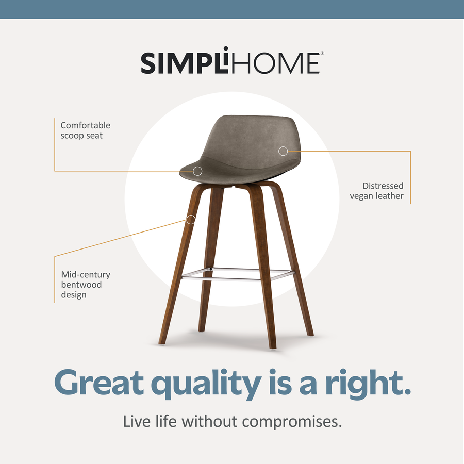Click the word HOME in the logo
click(275, 63)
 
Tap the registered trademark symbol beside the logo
click(322, 53)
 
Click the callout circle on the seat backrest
click(283, 151)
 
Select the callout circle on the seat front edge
click(197, 171)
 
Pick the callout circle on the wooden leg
click(191, 220)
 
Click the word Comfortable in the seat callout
click(86, 125)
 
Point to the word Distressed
click(383, 186)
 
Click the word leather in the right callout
click(390, 196)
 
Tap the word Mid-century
click(86, 275)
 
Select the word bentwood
click(81, 285)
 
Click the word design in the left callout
click(74, 295)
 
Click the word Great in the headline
click(99, 383)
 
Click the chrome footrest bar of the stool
click(238, 274)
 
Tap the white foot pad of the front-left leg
click(162, 344)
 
